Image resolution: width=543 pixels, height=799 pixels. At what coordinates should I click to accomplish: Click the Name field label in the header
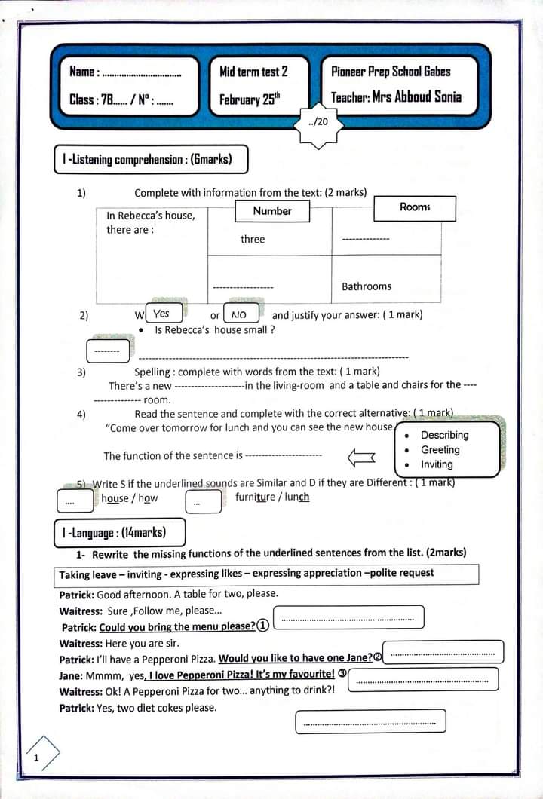[83, 72]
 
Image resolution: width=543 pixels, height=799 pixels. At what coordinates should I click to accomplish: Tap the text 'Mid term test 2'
[253, 72]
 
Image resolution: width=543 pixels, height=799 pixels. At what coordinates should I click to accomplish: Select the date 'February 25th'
[249, 99]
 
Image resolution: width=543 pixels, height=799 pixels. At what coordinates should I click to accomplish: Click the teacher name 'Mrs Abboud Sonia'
[416, 97]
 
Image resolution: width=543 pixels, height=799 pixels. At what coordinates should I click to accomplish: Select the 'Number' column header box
[272, 211]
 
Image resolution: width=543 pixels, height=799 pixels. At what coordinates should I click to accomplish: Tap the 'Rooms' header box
[415, 207]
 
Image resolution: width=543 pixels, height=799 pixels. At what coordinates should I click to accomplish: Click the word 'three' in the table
[253, 240]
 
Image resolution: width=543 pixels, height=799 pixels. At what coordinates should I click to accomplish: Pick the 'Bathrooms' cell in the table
[367, 286]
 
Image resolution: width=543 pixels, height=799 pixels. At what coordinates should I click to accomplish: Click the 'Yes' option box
[161, 314]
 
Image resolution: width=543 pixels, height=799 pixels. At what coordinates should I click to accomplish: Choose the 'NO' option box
[239, 314]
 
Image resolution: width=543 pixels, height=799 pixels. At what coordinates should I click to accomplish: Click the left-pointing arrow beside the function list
[360, 456]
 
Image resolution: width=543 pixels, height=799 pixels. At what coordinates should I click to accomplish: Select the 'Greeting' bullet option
[440, 450]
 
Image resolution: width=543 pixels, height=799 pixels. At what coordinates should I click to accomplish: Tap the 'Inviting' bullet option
[437, 464]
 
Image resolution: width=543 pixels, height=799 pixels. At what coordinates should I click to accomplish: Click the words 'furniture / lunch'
[272, 497]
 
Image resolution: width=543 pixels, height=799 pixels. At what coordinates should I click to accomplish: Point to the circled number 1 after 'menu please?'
[262, 626]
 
